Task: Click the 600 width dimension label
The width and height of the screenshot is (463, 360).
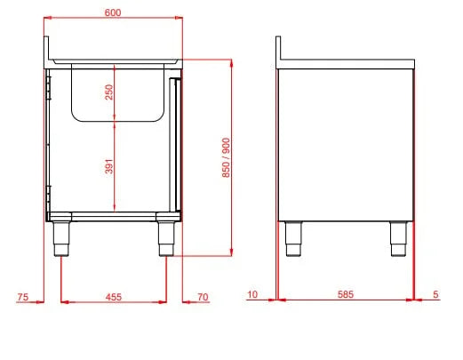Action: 113,12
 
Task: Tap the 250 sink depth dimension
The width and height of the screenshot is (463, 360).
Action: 109,92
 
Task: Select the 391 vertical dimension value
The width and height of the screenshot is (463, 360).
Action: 109,166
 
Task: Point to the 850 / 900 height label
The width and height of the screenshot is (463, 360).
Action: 226,157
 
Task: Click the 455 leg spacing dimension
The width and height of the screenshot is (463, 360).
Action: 114,297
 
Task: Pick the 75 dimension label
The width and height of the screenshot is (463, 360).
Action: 23,297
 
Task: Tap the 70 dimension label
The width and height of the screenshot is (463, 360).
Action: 203,297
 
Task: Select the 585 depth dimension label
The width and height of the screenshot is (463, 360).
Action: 346,294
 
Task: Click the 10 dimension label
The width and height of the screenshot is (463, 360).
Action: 252,294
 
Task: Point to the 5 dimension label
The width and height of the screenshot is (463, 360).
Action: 435,294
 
